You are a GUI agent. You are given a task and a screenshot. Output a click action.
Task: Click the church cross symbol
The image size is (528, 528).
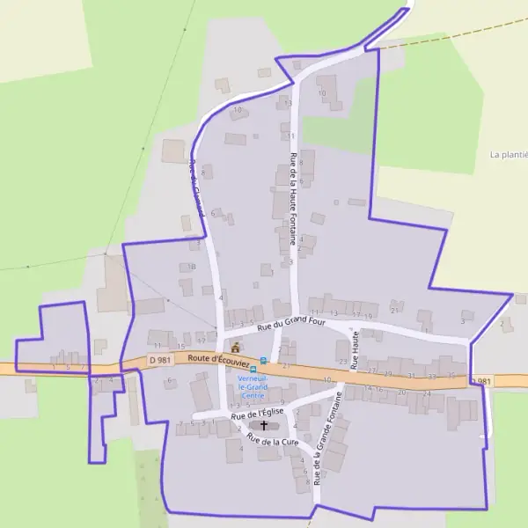click(x=263, y=425)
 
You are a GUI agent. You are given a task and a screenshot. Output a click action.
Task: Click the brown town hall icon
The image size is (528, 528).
click(x=235, y=347)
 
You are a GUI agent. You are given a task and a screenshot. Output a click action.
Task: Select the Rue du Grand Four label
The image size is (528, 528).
click(x=291, y=324)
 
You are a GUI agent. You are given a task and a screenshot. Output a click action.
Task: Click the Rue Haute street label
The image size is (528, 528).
click(x=355, y=350)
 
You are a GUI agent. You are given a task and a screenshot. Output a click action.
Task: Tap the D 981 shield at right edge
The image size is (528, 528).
click(x=480, y=381)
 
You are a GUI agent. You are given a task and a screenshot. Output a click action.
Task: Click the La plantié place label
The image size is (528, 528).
click(x=509, y=154)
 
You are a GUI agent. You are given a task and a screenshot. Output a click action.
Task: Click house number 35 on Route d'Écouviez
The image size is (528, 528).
click(x=451, y=376)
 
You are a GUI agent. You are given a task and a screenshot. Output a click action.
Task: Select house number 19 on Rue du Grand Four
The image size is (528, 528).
click(x=370, y=315)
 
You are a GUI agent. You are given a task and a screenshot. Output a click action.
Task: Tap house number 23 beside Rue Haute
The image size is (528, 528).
click(x=343, y=362)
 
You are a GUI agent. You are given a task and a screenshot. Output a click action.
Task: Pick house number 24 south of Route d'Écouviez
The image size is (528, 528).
click(x=427, y=393)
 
